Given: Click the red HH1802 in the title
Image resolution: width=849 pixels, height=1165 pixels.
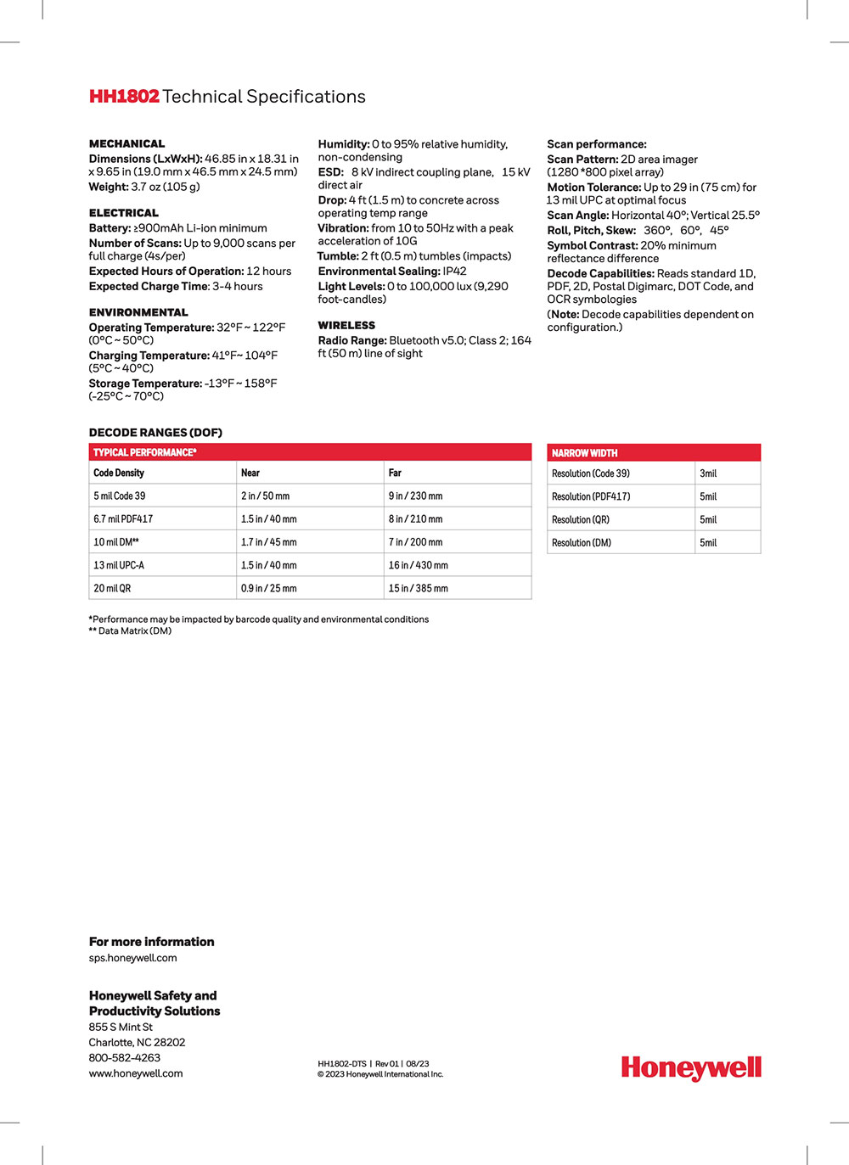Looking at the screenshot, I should pos(124,97).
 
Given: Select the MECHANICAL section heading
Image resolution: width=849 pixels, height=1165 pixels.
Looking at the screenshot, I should pos(127,143).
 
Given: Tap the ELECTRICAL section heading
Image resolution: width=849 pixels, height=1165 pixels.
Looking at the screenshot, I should pos(124,213).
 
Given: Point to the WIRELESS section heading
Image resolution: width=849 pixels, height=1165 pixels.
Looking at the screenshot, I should pos(346,325).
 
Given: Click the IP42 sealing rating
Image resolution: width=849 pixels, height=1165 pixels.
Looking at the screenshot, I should pos(454,272).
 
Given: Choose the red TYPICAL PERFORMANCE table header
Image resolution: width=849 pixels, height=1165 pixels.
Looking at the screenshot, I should pos(145,452).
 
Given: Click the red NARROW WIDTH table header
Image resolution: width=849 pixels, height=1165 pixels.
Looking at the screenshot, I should pos(585,453).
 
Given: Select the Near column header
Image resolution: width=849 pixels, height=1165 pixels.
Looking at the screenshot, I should pos(250,473).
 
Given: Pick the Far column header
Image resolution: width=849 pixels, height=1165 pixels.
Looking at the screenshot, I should pos(395,473).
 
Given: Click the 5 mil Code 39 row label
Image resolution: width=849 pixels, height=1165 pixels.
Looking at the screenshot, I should pos(120,496).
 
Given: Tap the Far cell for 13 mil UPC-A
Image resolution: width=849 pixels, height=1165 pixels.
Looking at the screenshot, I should pos(419,565).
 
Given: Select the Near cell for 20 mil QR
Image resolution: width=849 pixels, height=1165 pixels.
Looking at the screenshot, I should pos(269,588).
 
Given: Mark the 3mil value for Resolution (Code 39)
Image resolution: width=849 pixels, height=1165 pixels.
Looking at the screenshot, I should pos(708,473).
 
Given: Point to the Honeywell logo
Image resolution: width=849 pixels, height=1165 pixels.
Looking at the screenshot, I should pos(691,1067).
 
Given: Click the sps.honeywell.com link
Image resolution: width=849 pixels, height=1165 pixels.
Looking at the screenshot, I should pos(133,958).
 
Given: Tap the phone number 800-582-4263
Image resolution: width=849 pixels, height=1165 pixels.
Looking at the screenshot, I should pos(125,1058).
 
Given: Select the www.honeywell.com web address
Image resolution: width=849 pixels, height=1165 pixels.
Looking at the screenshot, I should pos(136,1073).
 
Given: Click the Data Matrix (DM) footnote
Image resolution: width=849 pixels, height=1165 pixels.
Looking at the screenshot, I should pos(131,631).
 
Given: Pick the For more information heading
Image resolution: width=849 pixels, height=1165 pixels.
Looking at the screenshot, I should pos(152,942).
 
